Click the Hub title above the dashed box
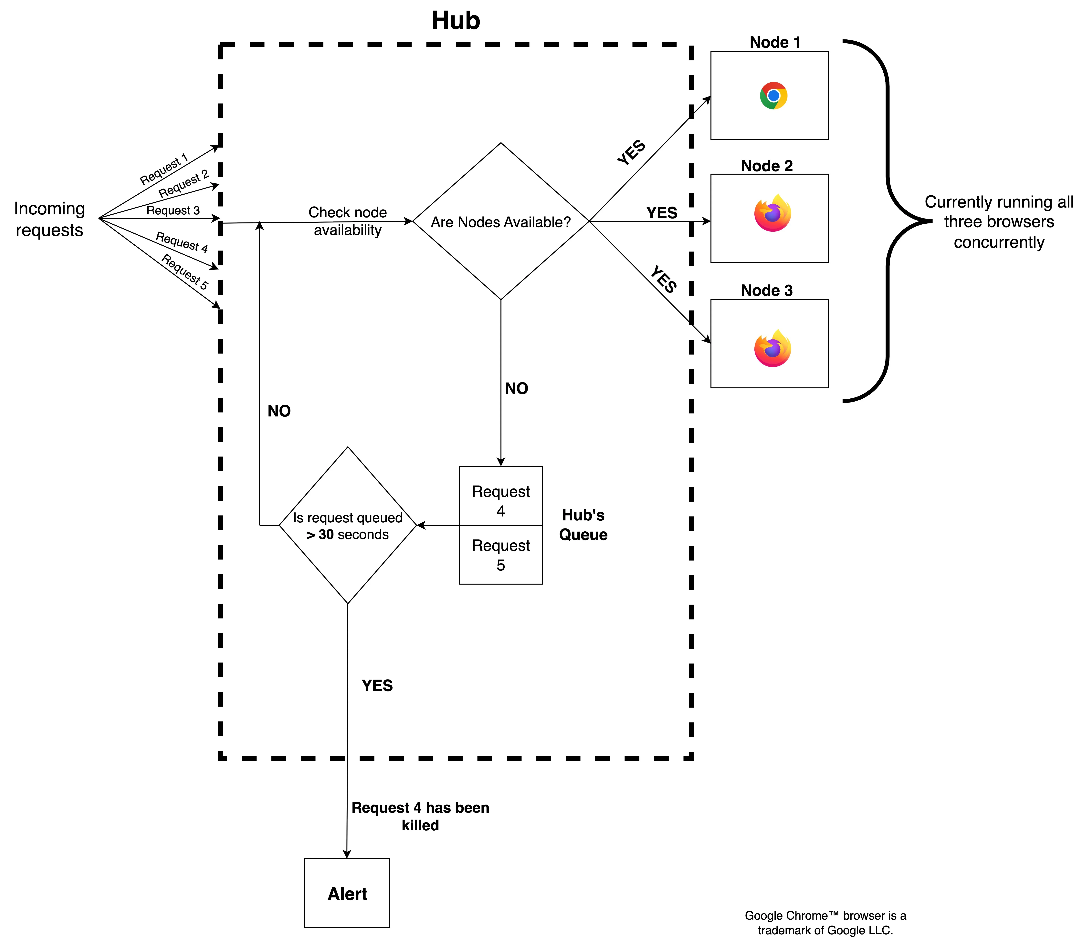point(455,21)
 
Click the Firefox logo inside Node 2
point(772,213)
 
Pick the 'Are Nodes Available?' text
point(500,222)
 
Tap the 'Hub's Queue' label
point(583,525)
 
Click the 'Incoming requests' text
point(49,219)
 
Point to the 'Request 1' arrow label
point(163,169)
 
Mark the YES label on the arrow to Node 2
point(661,213)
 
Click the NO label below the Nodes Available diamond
point(516,389)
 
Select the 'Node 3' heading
point(766,290)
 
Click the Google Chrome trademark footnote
point(825,923)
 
